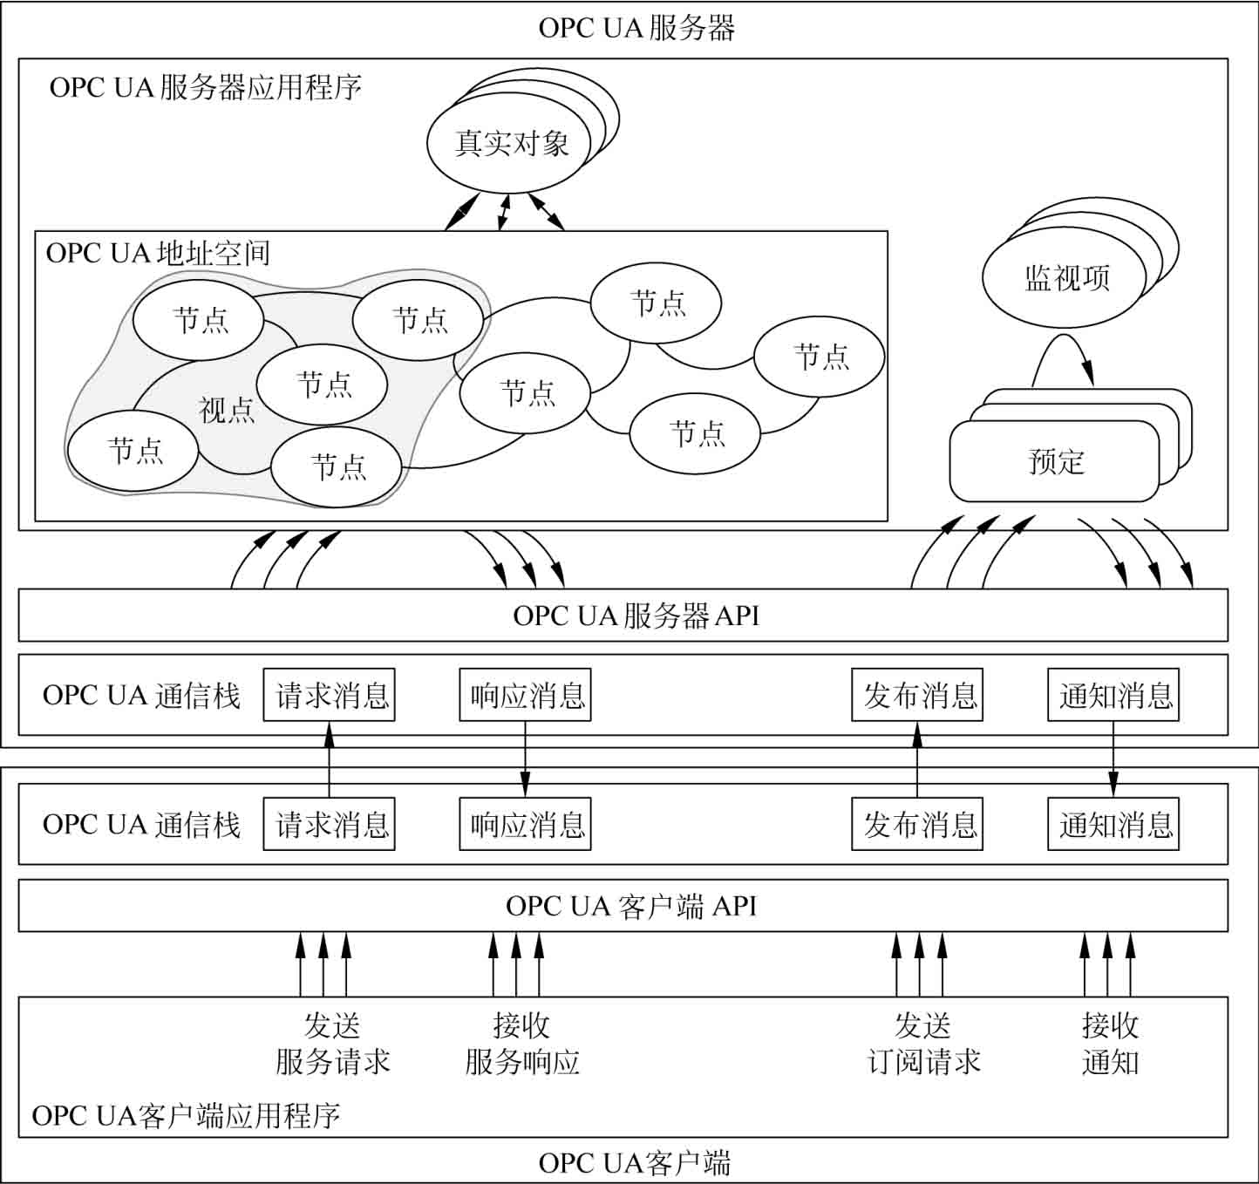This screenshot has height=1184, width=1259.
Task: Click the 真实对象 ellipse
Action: pos(511,143)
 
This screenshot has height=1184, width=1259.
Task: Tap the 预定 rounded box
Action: pos(1055,461)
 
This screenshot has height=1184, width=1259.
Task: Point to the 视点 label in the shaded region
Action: pos(227,409)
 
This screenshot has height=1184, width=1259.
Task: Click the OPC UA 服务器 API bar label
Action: pos(636,616)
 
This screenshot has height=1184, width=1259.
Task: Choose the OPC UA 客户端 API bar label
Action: pos(630,906)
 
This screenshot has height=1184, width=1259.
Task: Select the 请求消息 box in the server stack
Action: pos(330,695)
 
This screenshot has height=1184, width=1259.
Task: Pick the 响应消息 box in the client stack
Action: pos(526,824)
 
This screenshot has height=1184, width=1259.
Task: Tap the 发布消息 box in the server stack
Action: pos(917,695)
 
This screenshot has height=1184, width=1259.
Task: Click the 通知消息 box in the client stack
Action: pos(1113,824)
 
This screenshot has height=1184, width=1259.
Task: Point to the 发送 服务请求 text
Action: pos(332,1044)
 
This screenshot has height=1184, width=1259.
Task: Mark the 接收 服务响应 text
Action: pos(521,1044)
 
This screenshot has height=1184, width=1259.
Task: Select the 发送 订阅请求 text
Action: pos(923,1044)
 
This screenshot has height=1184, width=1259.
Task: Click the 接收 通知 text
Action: pos(1110,1044)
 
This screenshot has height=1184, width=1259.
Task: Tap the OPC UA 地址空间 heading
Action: pos(158,253)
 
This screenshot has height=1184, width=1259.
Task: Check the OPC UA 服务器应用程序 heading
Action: pos(205,88)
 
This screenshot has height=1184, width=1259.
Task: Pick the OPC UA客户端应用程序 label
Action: pos(186,1115)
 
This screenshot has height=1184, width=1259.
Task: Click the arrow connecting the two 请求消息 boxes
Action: pos(330,759)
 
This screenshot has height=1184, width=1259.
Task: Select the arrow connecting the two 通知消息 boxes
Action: pos(1113,759)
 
